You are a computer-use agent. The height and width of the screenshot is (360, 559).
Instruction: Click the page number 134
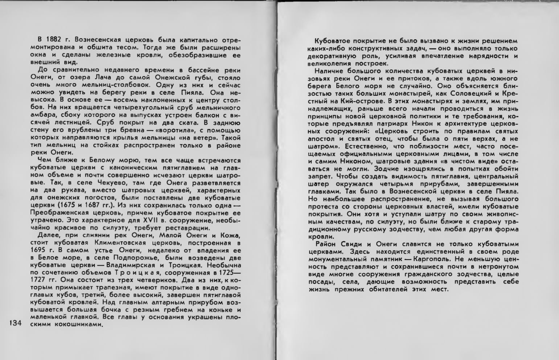pos(15,323)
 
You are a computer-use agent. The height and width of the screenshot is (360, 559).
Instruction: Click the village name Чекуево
pos(116,183)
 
